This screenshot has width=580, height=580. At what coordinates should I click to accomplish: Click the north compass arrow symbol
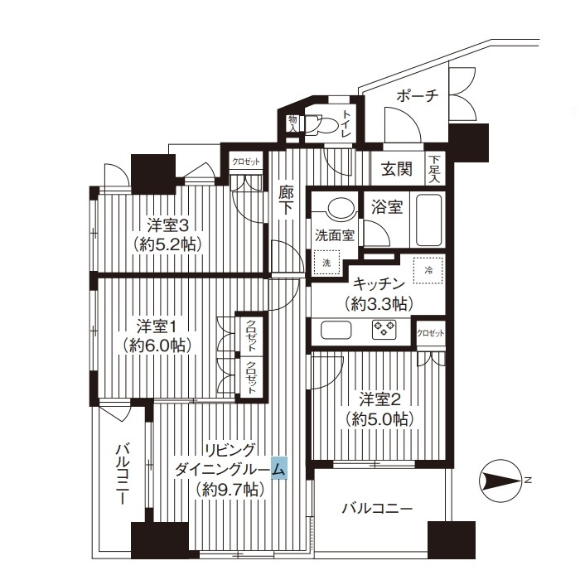pos(502,481)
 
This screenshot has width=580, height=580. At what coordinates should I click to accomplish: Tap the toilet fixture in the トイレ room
pos(321,125)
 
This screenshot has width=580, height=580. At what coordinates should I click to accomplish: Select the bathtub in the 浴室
pos(429,220)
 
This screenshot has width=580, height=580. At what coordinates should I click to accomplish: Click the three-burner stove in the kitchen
pos(384,328)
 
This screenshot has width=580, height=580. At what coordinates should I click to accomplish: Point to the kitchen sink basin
pos(336,330)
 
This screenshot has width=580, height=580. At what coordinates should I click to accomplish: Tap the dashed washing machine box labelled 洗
pos(326,263)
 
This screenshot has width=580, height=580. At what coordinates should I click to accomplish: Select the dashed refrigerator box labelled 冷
pos(428,270)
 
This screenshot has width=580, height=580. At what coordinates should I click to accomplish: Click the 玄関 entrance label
pos(397,170)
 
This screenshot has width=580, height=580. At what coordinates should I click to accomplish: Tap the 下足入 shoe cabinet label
pos(435,169)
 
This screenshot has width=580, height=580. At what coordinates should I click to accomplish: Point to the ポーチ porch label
pos(418,96)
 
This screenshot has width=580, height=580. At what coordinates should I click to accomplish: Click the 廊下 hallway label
pos(286,201)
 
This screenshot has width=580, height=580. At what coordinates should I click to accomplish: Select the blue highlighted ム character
pos(279,469)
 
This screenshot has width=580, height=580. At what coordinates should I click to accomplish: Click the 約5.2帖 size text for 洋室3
pos(169,244)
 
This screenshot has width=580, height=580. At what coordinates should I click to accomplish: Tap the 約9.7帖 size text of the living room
pos(230,490)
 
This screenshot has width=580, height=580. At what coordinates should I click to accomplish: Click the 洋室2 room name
pos(379,400)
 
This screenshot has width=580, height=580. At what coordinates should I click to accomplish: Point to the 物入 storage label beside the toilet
pos(292,123)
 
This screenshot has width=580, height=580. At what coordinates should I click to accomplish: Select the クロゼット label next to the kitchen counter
pos(431,333)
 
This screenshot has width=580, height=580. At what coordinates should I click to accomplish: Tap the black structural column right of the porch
pos(469,143)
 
